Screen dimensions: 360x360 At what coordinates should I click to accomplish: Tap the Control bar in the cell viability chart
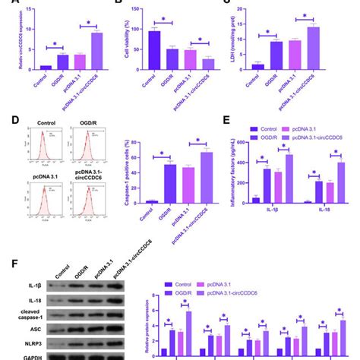click(153, 50)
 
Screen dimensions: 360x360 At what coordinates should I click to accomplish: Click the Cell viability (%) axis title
click(124, 38)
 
